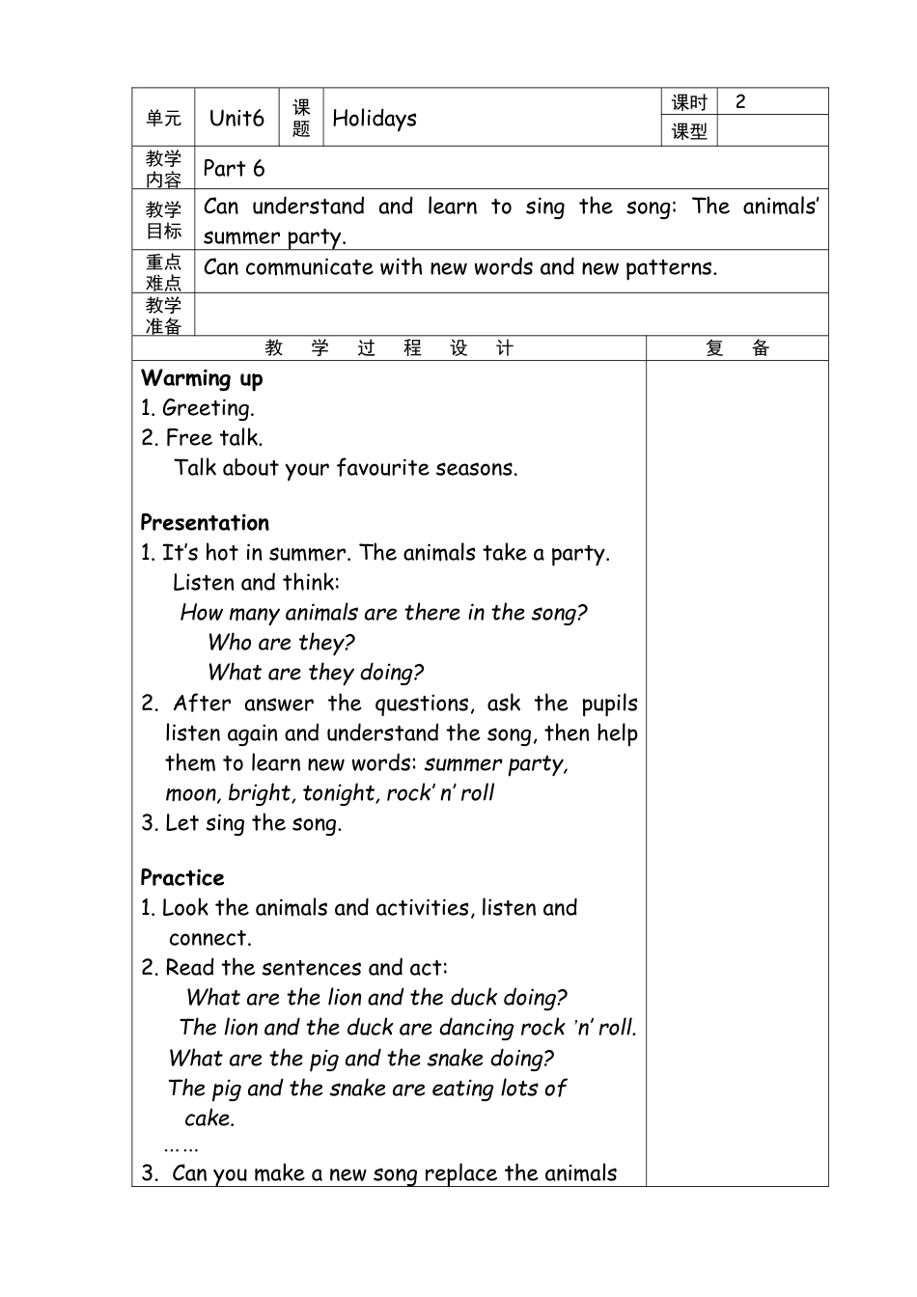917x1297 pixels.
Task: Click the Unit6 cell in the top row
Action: pos(236,118)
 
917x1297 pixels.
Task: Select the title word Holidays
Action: pos(375,119)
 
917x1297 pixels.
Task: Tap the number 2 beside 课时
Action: pos(740,101)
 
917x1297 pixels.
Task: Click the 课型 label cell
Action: pos(690,131)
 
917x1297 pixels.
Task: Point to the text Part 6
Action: pos(234,169)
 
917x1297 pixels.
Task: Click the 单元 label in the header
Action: pos(163,118)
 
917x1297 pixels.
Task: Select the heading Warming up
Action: pos(202,378)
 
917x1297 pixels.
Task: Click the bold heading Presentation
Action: pos(205,523)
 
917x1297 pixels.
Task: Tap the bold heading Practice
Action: pos(182,878)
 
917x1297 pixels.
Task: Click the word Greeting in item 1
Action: pos(208,408)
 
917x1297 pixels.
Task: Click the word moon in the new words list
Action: pos(192,793)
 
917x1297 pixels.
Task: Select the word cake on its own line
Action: pos(209,1118)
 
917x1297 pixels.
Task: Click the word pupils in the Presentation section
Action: pos(609,704)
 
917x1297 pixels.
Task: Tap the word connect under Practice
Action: pos(209,938)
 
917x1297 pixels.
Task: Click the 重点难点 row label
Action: pos(163,272)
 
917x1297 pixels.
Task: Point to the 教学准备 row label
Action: pos(163,316)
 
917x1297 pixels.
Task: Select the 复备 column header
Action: pos(737,348)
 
